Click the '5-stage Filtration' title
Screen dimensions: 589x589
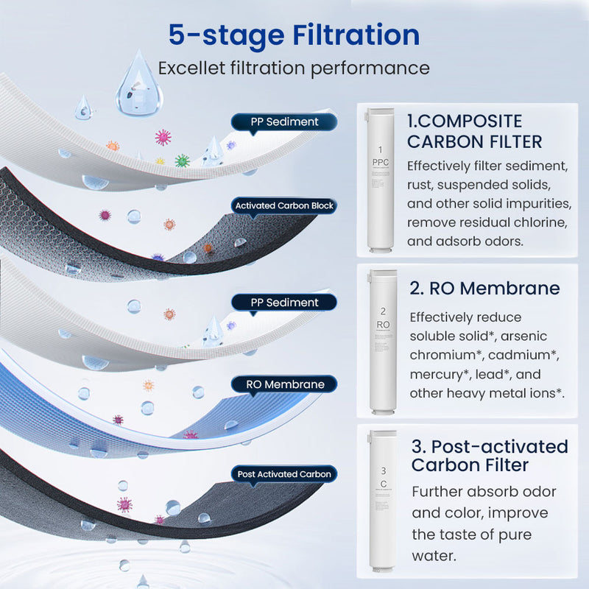[294, 35]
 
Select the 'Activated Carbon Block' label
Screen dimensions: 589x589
[283, 205]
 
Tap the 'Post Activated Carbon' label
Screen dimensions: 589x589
[284, 474]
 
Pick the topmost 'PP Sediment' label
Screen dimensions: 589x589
[284, 121]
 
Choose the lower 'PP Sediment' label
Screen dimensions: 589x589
[284, 303]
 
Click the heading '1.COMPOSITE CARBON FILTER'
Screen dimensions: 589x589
[475, 131]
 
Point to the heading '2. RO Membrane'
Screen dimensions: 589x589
[484, 288]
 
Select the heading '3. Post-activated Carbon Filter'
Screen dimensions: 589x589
[490, 455]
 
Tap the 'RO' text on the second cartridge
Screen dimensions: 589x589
[383, 324]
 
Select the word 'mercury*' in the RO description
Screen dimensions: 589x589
[437, 374]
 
